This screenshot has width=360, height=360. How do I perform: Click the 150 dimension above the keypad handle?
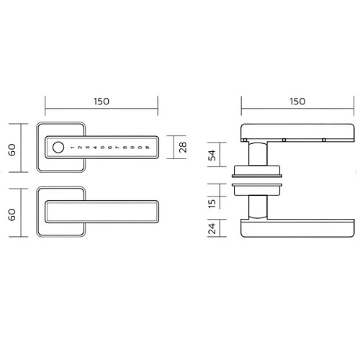[x=102, y=102]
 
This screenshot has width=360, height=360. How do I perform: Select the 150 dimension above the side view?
[x=297, y=102]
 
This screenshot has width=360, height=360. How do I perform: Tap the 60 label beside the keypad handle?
[x=12, y=150]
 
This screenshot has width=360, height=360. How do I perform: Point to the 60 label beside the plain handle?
[x=12, y=215]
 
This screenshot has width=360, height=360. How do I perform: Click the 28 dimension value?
[x=183, y=147]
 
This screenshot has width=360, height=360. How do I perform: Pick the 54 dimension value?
[x=212, y=156]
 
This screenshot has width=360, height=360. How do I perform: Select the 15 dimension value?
[x=212, y=204]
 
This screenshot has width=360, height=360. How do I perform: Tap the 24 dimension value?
[x=212, y=228]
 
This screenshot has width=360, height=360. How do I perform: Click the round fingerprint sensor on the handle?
[x=58, y=147]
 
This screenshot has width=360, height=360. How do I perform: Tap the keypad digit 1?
[x=73, y=148]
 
